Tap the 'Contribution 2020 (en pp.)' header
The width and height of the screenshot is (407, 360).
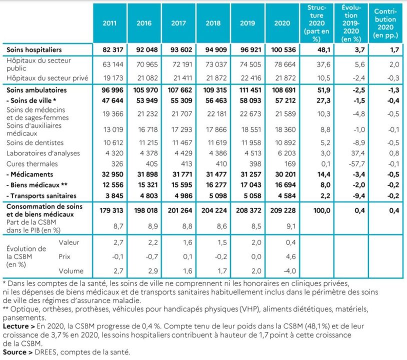[x=384, y=23]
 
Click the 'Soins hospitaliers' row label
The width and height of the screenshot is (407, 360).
[x=34, y=50]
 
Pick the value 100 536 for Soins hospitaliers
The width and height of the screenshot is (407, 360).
[x=281, y=50]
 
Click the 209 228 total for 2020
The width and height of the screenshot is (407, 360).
[x=281, y=210]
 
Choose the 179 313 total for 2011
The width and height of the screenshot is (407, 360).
[x=110, y=210]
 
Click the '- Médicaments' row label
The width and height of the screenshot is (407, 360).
[x=30, y=174]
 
